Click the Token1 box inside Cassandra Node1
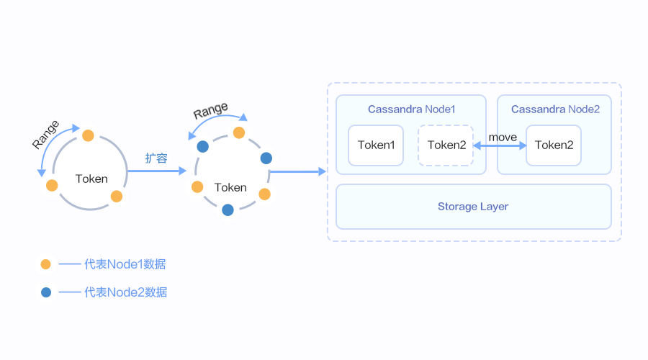point(376,145)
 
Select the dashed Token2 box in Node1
point(446,145)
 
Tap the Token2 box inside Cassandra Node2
point(554,145)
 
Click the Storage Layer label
point(473,207)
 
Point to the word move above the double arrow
point(503,137)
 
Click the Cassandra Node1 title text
point(411,109)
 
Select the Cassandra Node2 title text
point(555,109)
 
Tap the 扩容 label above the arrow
point(156,158)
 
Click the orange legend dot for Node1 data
point(46,264)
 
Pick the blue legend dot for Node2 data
point(46,292)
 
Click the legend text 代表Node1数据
point(125,264)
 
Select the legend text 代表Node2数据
point(125,292)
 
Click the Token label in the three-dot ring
point(91,179)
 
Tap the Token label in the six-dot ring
point(230,187)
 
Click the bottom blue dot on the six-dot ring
point(228,210)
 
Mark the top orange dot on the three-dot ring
point(88,135)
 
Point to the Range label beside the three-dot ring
point(46,135)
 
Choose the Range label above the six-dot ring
point(210,111)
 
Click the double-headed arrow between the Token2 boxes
point(500,145)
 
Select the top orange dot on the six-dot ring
point(239,132)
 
